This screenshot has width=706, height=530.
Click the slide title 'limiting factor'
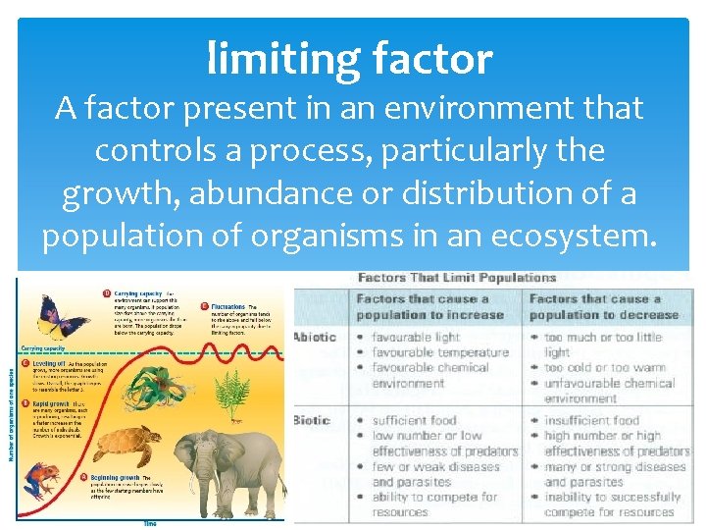349,60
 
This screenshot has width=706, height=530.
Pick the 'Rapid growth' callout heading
117,403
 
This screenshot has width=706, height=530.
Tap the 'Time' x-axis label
150,523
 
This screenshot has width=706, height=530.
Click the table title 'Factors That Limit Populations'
457,278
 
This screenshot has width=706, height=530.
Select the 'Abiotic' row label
316,338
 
